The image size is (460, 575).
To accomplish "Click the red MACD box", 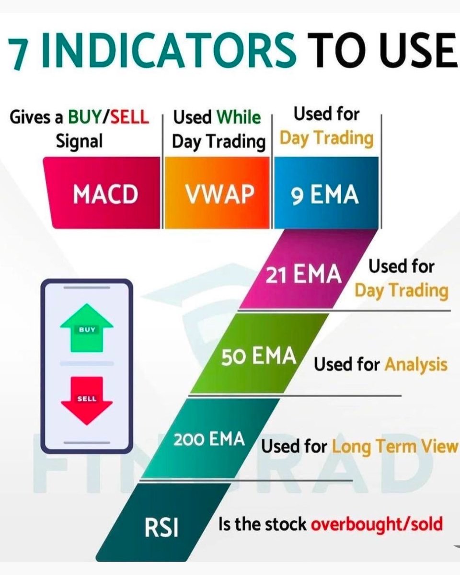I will coord(105,194).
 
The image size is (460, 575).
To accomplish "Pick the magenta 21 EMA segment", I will coord(304,274).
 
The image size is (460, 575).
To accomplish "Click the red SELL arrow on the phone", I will coord(87,400).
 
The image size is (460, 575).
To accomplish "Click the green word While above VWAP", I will coord(238,117).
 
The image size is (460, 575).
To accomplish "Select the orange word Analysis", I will coord(415,365).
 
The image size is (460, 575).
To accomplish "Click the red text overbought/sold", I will coord(377,525).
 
